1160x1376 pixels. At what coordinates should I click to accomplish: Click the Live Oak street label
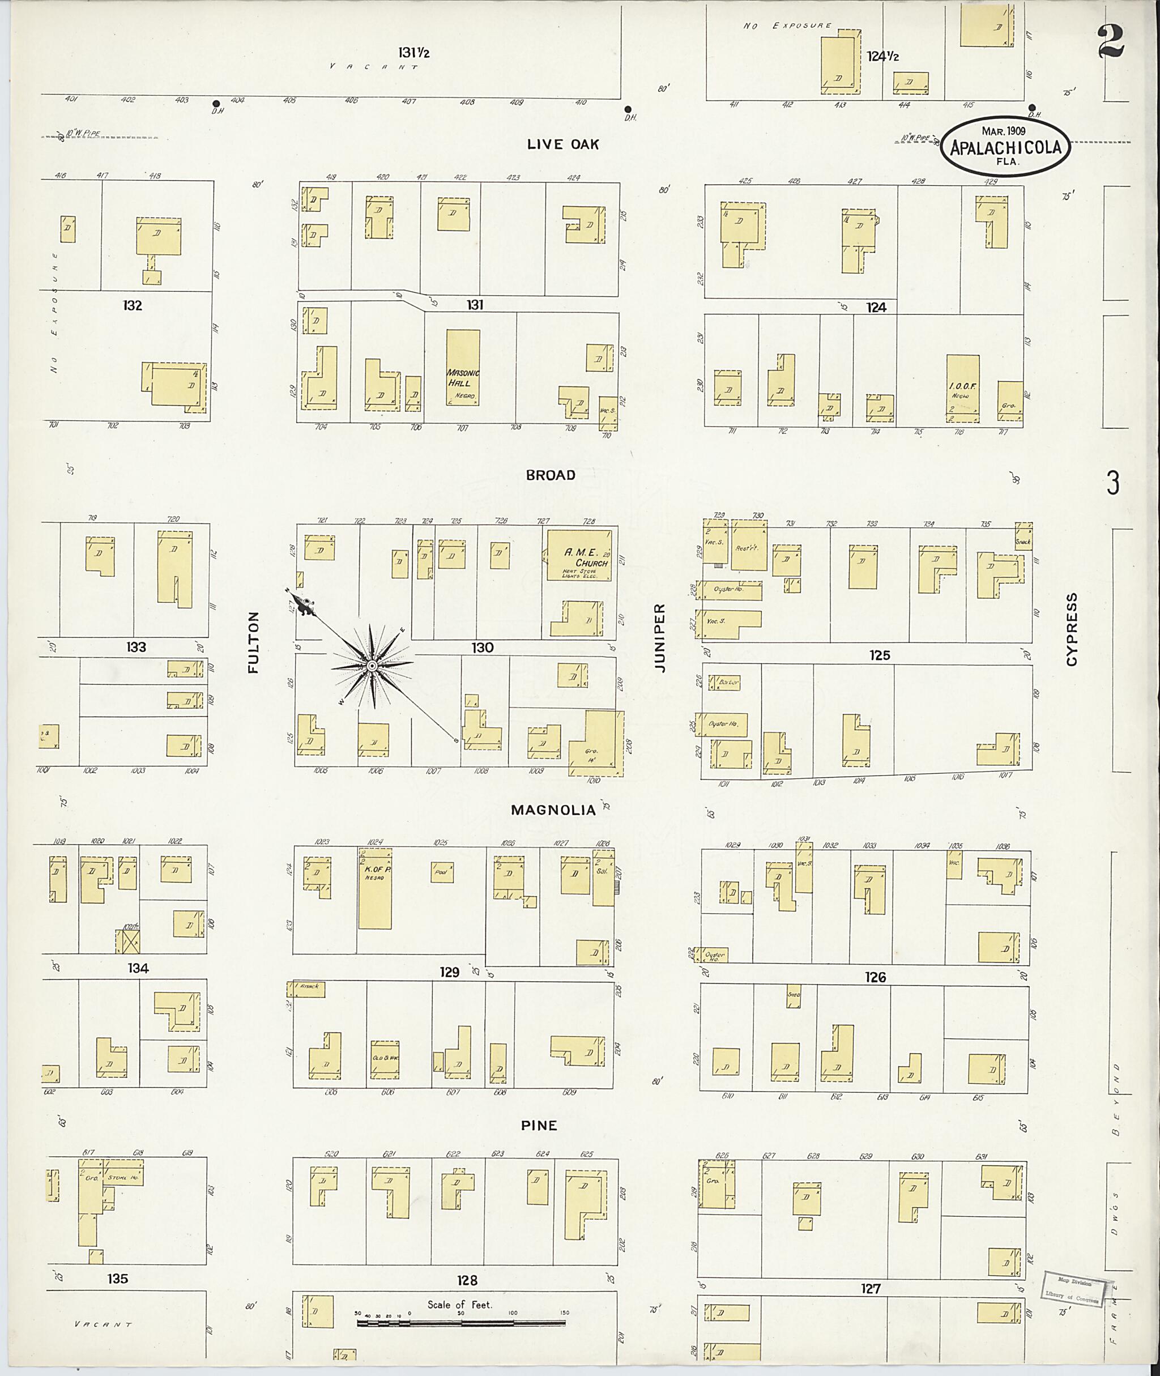563,144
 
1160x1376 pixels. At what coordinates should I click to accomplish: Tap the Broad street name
551,475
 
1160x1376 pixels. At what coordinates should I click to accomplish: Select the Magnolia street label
553,810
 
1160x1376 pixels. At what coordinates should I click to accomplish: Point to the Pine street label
539,1126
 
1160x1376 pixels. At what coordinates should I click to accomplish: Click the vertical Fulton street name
254,642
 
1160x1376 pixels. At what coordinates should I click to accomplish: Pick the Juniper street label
660,637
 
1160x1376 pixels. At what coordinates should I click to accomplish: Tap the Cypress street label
1072,629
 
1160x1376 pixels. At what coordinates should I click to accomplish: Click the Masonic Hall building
463,367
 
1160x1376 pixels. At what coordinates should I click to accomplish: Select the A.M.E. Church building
579,555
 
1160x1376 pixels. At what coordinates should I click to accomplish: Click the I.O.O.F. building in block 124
963,388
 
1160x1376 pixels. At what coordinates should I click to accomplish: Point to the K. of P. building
375,889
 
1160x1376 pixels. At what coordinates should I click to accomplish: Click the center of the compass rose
372,666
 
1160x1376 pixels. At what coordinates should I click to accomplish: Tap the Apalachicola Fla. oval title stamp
1005,147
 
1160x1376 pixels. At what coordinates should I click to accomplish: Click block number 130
482,648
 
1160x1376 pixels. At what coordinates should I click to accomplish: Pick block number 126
875,977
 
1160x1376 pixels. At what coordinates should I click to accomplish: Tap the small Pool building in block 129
442,872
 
